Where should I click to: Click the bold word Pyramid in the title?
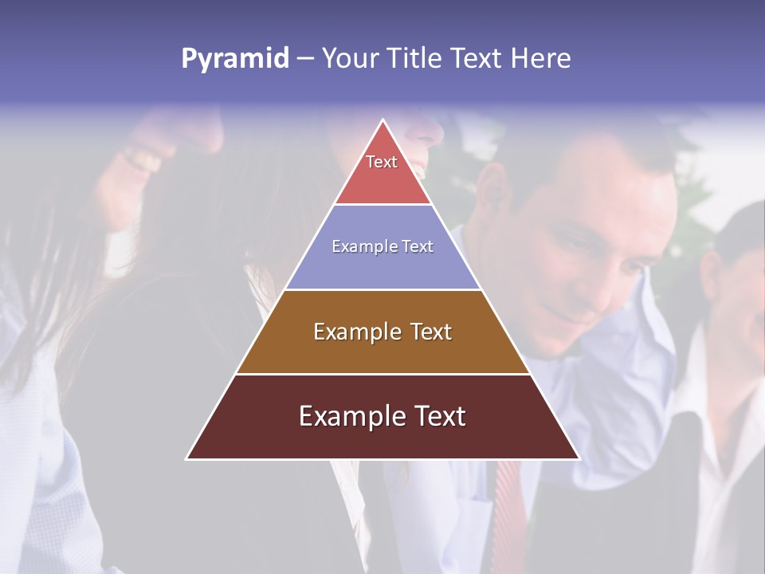point(234,59)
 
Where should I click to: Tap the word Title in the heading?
point(415,58)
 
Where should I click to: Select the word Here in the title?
point(541,58)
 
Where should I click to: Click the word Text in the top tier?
point(382,162)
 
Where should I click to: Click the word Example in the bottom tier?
point(344,416)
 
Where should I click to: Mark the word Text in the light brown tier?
point(423,332)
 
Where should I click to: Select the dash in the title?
point(305,59)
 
